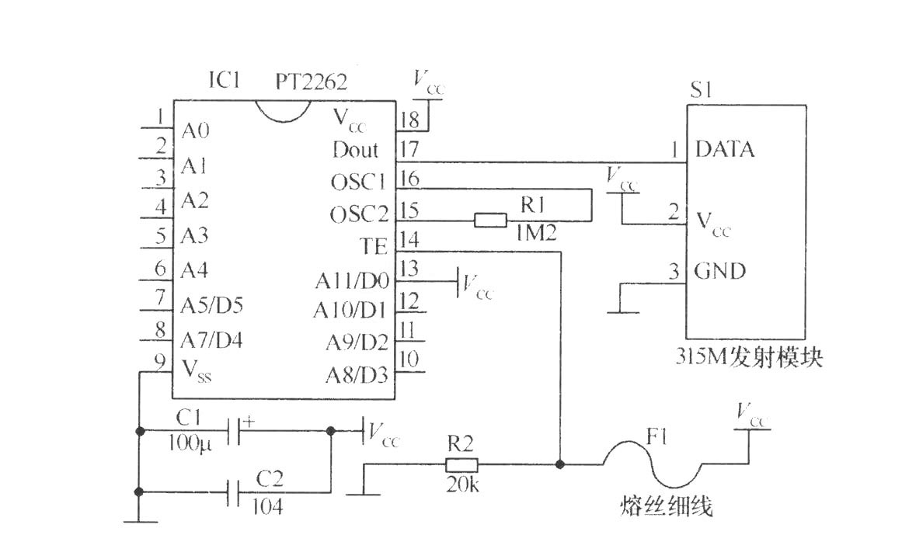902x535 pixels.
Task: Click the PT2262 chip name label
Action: [312, 82]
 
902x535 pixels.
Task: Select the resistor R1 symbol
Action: [491, 220]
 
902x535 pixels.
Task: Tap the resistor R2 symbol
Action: [461, 464]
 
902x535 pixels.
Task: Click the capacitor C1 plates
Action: [233, 430]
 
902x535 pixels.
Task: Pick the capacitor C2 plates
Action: [233, 492]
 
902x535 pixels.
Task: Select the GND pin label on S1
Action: [720, 271]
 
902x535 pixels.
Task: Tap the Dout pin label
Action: [356, 150]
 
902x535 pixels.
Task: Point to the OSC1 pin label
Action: [358, 182]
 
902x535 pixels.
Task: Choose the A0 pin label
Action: [196, 131]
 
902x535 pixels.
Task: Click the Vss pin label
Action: [197, 370]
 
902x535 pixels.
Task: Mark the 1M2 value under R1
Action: [535, 232]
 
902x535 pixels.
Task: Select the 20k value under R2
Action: [462, 485]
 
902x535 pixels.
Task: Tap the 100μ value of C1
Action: [190, 443]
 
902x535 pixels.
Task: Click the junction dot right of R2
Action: [559, 464]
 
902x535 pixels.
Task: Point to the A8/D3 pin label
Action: [357, 375]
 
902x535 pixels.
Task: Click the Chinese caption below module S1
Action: [748, 357]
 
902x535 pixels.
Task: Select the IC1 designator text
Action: [225, 80]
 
